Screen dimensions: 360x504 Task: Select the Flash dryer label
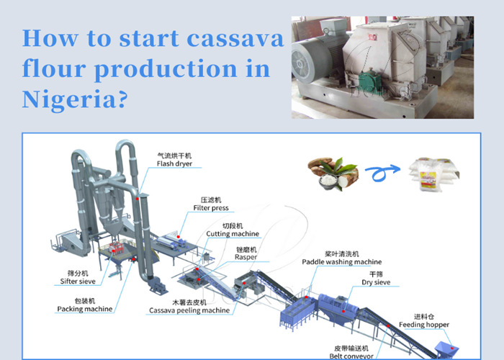tap(175, 163)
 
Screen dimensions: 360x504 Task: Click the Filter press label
tap(211, 208)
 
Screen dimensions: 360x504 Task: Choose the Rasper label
tap(246, 257)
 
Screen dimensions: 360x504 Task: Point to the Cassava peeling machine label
tap(189, 310)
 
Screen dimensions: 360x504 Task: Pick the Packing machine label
tap(84, 309)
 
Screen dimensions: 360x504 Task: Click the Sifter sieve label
tap(76, 282)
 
